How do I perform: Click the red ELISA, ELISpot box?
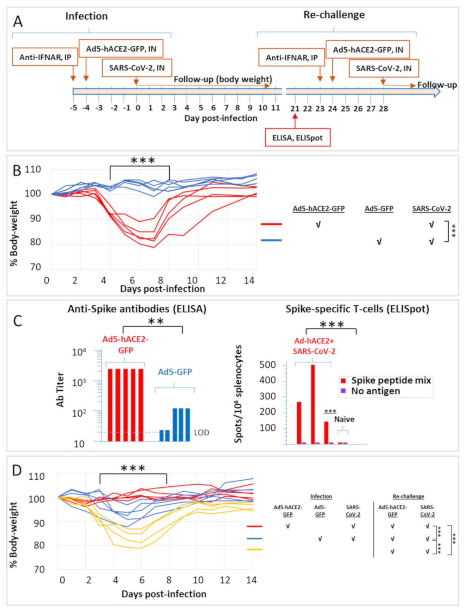297,138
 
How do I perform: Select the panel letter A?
18,22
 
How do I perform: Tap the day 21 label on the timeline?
295,109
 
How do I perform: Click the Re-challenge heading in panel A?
334,15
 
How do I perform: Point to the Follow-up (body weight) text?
223,79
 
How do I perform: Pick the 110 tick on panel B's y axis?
33,169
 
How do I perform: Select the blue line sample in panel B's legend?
271,240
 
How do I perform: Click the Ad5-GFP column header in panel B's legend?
379,209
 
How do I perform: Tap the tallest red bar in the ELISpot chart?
313,404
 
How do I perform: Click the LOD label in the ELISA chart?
201,432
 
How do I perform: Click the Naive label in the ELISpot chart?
344,419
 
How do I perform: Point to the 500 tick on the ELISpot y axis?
267,365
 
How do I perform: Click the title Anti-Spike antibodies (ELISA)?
137,309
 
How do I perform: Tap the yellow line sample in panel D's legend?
254,550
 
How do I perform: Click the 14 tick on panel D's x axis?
251,580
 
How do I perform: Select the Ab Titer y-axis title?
60,389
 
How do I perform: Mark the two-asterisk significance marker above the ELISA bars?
156,322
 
